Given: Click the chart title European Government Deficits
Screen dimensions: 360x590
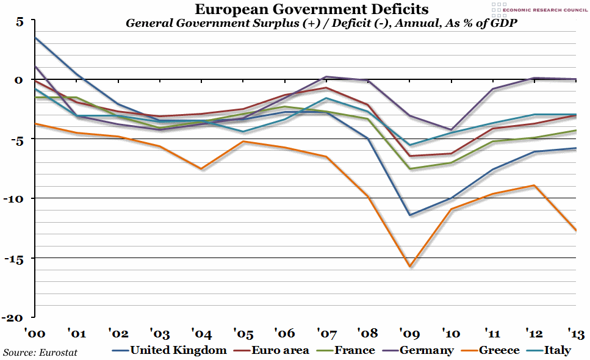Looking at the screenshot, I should pos(311,10).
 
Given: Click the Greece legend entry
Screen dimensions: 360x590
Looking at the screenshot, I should pos(497,350).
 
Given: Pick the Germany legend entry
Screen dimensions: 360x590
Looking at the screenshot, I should pos(426,350).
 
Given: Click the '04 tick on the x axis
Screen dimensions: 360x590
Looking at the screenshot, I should pos(201,334).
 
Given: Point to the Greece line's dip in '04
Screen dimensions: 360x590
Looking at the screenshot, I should pos(201,169).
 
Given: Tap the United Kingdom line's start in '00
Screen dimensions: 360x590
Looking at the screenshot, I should pos(36,38).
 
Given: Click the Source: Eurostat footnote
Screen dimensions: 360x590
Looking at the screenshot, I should pos(40,352).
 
